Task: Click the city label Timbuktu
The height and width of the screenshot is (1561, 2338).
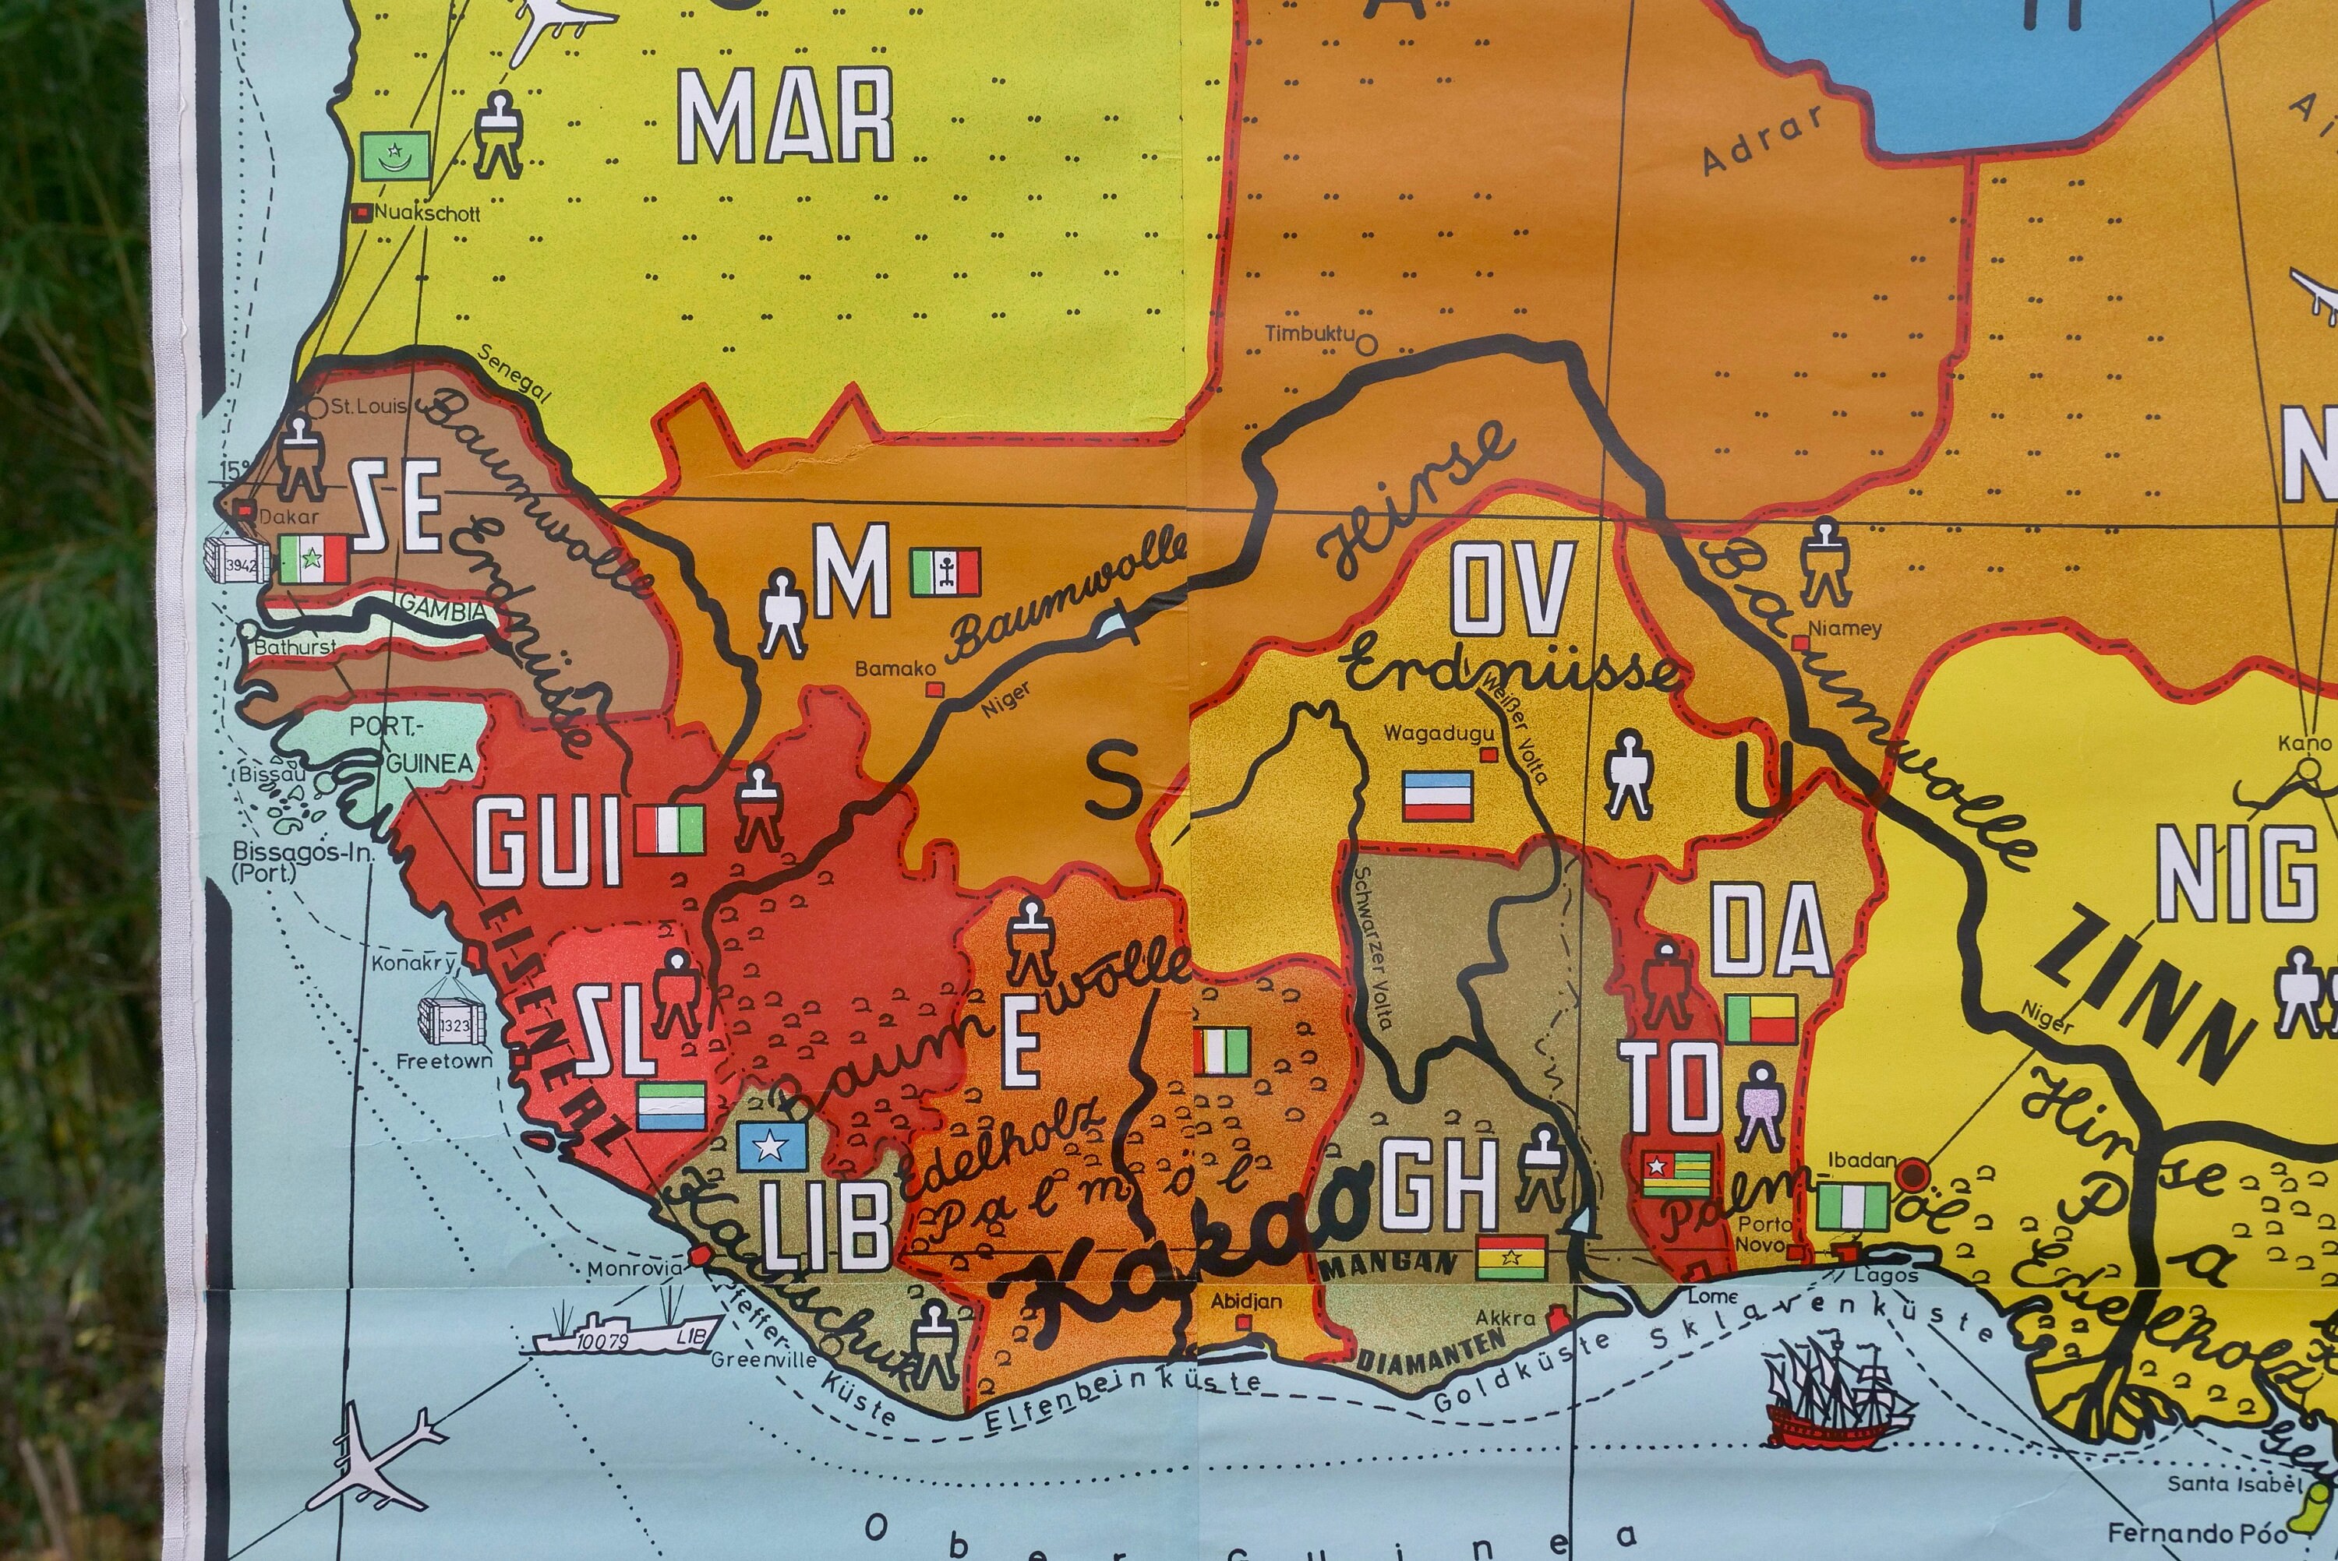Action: (1309, 333)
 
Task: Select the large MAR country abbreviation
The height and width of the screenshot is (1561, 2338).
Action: (785, 118)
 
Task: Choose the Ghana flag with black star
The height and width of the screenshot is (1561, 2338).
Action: (1512, 1257)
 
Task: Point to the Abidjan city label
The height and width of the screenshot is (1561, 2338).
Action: (1245, 1301)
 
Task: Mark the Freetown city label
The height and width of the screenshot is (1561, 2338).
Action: (444, 1061)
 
